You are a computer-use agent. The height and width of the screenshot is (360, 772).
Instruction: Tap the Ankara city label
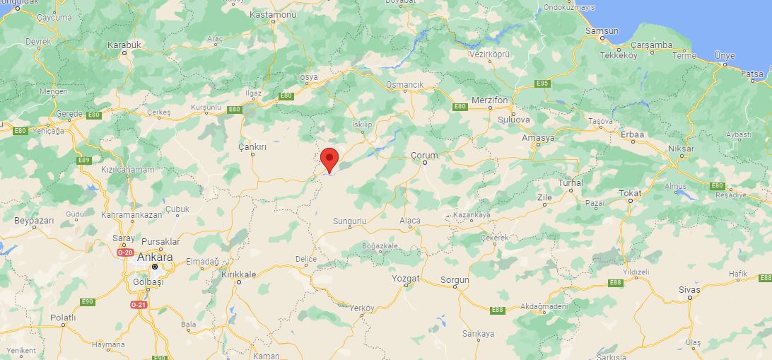pos(155,257)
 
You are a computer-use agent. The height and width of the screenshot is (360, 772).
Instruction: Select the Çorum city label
pos(424,155)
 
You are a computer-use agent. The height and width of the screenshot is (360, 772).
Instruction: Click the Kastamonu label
pos(273,14)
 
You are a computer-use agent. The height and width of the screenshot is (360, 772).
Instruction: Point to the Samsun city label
pos(602,31)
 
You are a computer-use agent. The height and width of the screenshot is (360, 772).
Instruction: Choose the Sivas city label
pos(689,289)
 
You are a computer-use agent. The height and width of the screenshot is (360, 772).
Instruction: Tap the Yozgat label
pos(406,279)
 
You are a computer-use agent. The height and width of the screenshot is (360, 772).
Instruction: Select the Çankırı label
pos(252,146)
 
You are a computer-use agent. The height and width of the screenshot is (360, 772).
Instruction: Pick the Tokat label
pos(630,192)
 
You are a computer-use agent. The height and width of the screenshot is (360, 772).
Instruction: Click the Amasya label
pos(538,138)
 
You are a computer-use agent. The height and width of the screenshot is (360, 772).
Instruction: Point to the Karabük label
pos(124,45)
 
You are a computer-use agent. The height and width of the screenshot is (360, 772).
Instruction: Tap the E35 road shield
pos(542,83)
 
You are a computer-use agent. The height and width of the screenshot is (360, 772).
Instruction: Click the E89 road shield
pos(84,160)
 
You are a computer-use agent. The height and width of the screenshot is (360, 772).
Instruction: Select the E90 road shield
pos(87,302)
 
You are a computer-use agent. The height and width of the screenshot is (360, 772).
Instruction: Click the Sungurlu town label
pos(350,221)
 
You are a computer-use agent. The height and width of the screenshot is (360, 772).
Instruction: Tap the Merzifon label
pos(490,100)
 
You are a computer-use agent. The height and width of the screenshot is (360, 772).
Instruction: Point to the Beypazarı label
pos(34,221)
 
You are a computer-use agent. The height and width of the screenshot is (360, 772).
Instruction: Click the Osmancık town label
pos(405,85)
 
